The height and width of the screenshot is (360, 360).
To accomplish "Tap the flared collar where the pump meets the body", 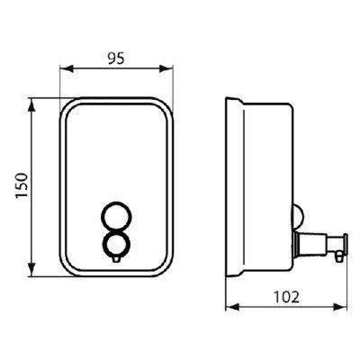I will [x=298, y=243].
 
